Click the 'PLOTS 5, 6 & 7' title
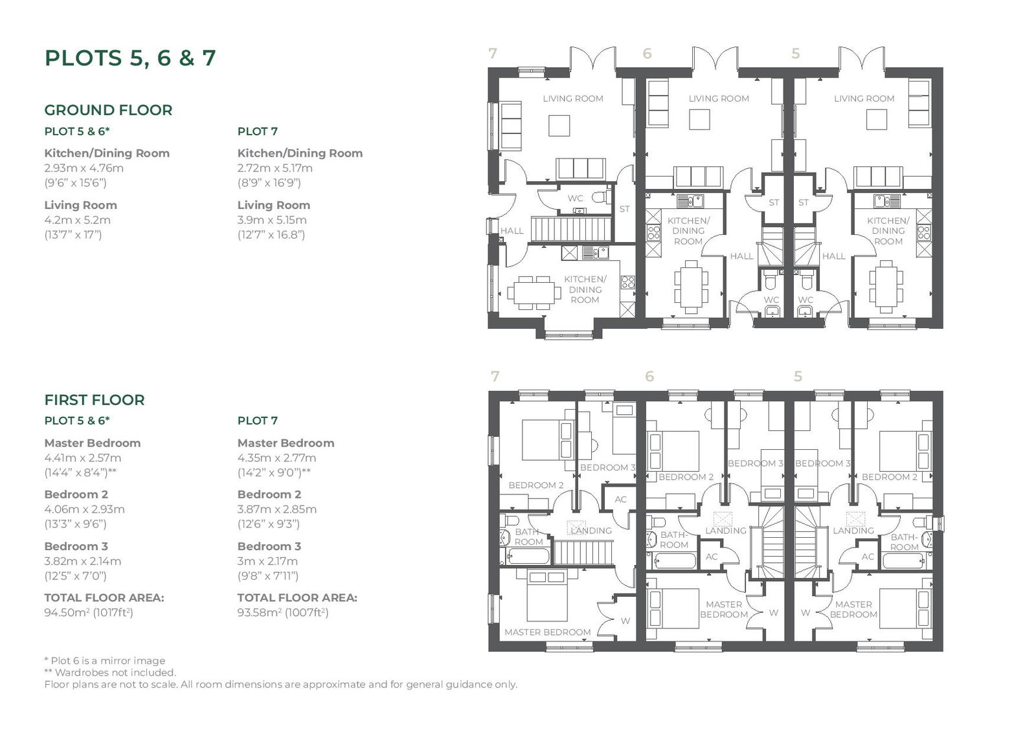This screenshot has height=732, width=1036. point(130,58)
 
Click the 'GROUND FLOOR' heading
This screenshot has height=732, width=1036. point(108,110)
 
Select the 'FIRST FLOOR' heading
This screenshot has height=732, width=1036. point(95,400)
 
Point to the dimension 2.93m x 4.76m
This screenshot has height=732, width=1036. point(84,168)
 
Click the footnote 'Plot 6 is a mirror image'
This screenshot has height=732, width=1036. point(105,661)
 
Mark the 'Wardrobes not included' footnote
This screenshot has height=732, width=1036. point(111,672)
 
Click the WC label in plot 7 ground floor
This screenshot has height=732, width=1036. point(576,199)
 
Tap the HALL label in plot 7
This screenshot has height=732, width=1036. point(512,231)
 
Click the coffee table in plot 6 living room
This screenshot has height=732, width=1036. point(699,119)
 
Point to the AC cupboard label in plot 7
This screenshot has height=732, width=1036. point(621,500)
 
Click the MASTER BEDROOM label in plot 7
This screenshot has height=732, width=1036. point(548,632)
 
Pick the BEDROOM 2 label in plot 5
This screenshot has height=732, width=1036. point(890,477)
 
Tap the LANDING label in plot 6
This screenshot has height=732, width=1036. point(726,530)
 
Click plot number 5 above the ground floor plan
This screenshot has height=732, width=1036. point(796,54)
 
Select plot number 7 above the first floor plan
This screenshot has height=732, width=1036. point(495,377)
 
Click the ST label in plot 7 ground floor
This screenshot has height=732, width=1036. point(624,209)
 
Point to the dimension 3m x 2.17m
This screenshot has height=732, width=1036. point(268,561)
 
